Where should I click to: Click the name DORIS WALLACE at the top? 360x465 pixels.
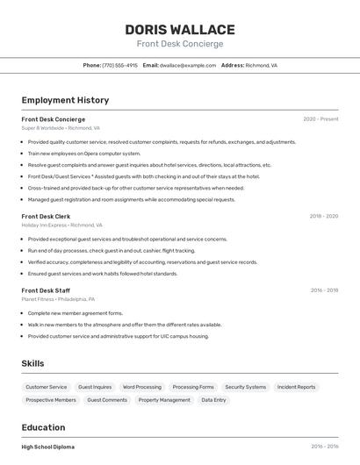[x=180, y=30]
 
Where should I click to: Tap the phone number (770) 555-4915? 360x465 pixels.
[x=120, y=65]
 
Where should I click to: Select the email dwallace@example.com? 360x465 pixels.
[x=186, y=65]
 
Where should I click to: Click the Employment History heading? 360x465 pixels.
[x=65, y=101]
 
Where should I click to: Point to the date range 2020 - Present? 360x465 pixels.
[x=320, y=118]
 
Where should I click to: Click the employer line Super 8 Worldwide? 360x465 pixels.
[x=61, y=127]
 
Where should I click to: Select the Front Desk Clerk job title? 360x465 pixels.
[x=46, y=216]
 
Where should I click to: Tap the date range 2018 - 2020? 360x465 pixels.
[x=323, y=216]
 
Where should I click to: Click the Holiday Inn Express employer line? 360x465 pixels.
[x=62, y=225]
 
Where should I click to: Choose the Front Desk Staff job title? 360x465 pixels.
[x=46, y=290]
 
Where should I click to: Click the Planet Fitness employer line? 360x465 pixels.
[x=59, y=299]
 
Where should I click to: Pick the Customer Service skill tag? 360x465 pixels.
[x=46, y=387]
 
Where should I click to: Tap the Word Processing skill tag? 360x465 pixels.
[x=142, y=387]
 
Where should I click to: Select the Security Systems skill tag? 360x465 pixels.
[x=245, y=387]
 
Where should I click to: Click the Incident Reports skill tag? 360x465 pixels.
[x=296, y=387]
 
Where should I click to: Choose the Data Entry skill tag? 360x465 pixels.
[x=213, y=400]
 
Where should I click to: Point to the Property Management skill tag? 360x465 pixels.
[x=164, y=400]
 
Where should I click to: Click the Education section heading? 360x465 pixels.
[x=45, y=427]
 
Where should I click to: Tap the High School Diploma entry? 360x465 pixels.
[x=48, y=447]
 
